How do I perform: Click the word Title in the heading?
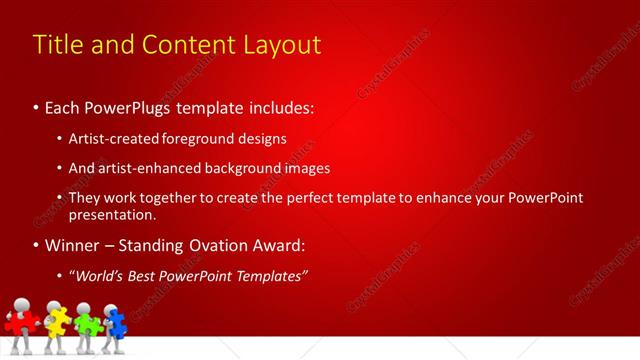57,45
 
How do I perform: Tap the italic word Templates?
266,275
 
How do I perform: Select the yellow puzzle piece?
58,321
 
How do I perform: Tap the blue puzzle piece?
116,322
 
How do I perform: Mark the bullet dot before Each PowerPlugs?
37,106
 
